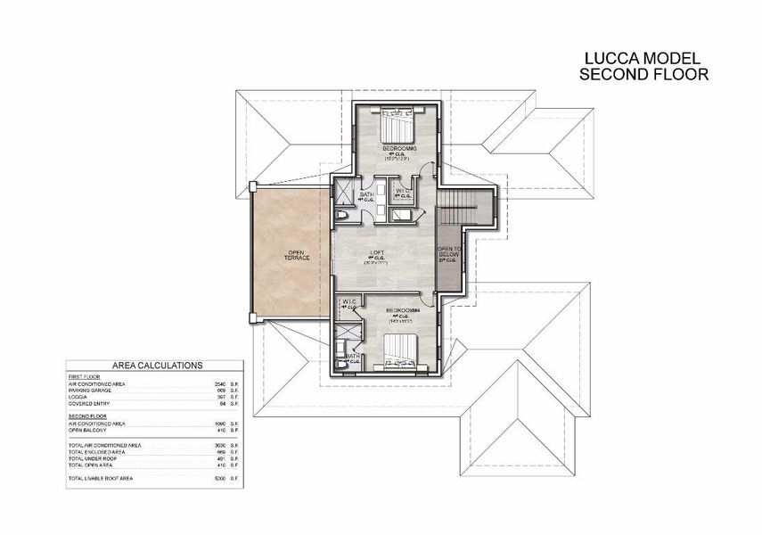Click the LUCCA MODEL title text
click(x=643, y=59)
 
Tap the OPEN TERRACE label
click(x=296, y=255)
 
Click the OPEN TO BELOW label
click(x=449, y=255)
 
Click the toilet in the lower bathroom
click(x=343, y=364)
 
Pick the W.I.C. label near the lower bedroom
click(x=348, y=303)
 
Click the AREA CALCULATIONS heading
click(x=157, y=366)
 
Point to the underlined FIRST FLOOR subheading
click(x=83, y=376)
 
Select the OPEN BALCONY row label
click(x=88, y=430)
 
